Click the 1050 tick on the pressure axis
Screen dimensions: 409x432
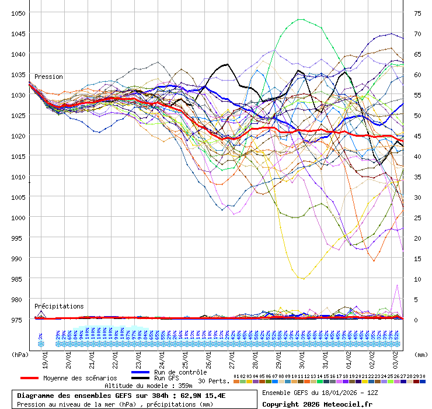pos(18,13)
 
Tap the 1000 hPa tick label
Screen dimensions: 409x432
pos(18,217)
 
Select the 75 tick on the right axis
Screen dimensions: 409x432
pos(417,13)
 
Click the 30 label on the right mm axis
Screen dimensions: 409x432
pos(417,197)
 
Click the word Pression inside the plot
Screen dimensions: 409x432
pos(48,77)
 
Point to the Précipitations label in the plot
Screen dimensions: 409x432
pos(59,306)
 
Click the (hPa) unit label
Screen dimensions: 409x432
pos(20,354)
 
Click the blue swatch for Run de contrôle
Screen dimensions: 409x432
pos(141,372)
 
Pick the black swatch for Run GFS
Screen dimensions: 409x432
pos(141,379)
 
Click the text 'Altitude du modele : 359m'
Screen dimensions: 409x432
pos(148,386)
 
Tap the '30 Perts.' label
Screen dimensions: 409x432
pos(214,381)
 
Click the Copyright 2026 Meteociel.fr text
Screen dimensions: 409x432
pos(317,404)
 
